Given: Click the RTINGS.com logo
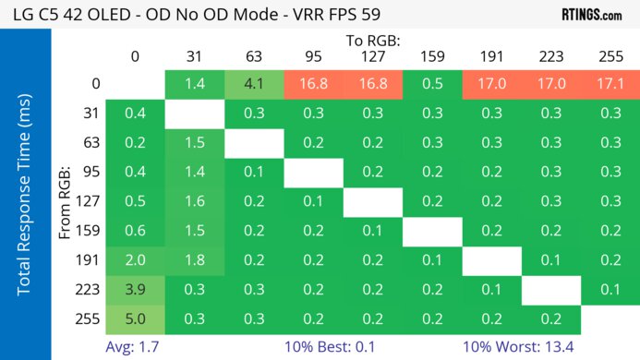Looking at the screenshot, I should [x=592, y=15].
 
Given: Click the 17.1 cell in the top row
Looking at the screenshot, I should [x=610, y=84].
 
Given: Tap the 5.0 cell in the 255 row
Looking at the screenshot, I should [x=136, y=319].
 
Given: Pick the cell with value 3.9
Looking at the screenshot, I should [x=136, y=290].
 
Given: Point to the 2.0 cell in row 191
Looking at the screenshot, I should [x=136, y=260].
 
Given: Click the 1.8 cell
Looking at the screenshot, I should [x=195, y=260].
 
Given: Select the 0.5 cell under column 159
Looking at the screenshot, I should [x=432, y=84].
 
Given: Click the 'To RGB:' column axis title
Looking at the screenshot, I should [x=372, y=41].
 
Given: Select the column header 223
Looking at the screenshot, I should [x=550, y=57].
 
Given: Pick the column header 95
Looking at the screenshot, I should [x=313, y=57].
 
